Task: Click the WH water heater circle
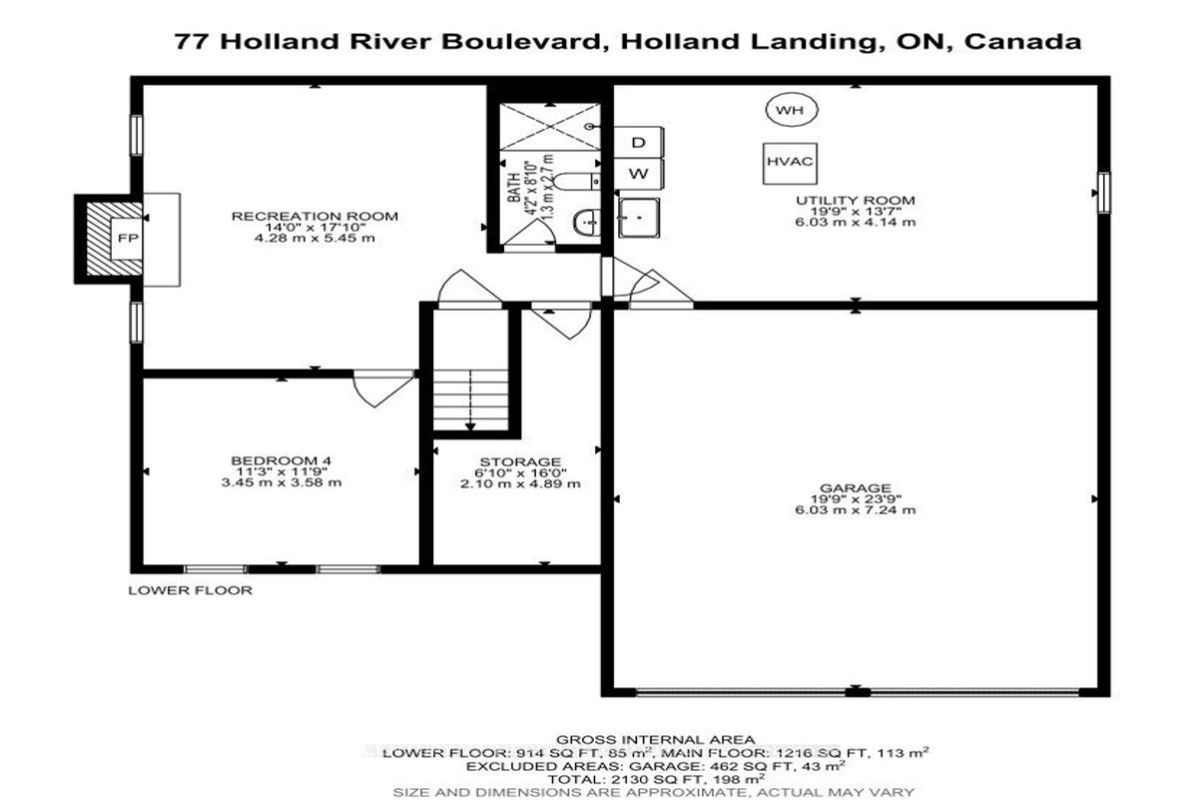[791, 110]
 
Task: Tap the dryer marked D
[639, 142]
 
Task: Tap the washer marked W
[639, 174]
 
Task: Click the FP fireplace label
[128, 238]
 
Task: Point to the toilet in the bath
[577, 182]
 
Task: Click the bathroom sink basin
[587, 223]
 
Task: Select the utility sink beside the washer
[639, 218]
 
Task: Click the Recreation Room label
[314, 216]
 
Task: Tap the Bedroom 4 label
[282, 460]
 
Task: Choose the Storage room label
[520, 461]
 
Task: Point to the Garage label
[856, 487]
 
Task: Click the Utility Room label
[856, 200]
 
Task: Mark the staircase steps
[470, 400]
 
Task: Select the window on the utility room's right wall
[1104, 193]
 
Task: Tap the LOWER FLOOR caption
[190, 590]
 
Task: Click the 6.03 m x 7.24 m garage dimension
[856, 509]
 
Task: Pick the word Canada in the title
[1022, 42]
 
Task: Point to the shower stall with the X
[550, 127]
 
